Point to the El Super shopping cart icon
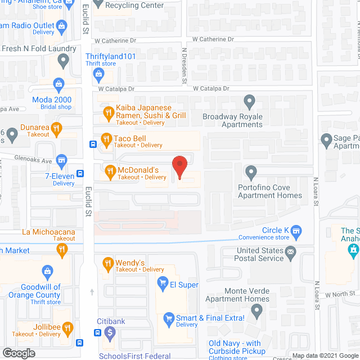(163, 282)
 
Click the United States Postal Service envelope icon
(291, 254)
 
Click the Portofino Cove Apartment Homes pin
(250, 170)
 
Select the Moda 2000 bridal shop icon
(58, 85)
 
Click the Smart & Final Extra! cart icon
(167, 319)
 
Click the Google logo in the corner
(18, 353)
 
